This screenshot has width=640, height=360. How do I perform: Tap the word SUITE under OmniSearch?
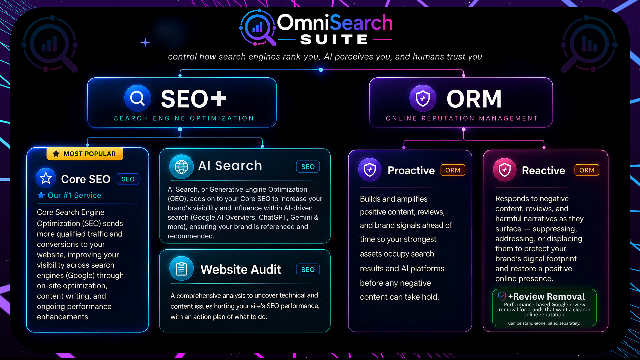334,40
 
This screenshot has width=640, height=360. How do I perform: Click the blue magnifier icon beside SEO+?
137,98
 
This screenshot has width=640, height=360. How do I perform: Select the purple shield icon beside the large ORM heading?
423,98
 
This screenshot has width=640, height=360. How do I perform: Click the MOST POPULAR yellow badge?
85,154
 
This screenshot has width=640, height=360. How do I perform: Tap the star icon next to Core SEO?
46,178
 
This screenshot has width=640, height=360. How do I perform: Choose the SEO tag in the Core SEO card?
128,179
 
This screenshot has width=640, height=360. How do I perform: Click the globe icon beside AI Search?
181,167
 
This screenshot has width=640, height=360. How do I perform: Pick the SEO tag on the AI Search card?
308,167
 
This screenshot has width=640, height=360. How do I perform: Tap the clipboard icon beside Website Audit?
181,269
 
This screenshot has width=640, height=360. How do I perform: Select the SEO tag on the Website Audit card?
308,269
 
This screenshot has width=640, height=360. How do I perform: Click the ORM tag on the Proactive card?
453,170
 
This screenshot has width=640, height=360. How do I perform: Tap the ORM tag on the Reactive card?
587,170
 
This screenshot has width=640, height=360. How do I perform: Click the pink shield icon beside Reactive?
505,170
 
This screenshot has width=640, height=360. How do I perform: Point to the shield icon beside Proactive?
370,170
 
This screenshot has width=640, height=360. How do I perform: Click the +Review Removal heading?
546,296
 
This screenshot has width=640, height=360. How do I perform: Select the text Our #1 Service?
74,195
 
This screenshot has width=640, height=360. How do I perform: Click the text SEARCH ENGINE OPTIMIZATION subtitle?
184,118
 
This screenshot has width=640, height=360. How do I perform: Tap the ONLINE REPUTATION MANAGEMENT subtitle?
462,118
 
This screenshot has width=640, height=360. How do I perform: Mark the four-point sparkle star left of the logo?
145,43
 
